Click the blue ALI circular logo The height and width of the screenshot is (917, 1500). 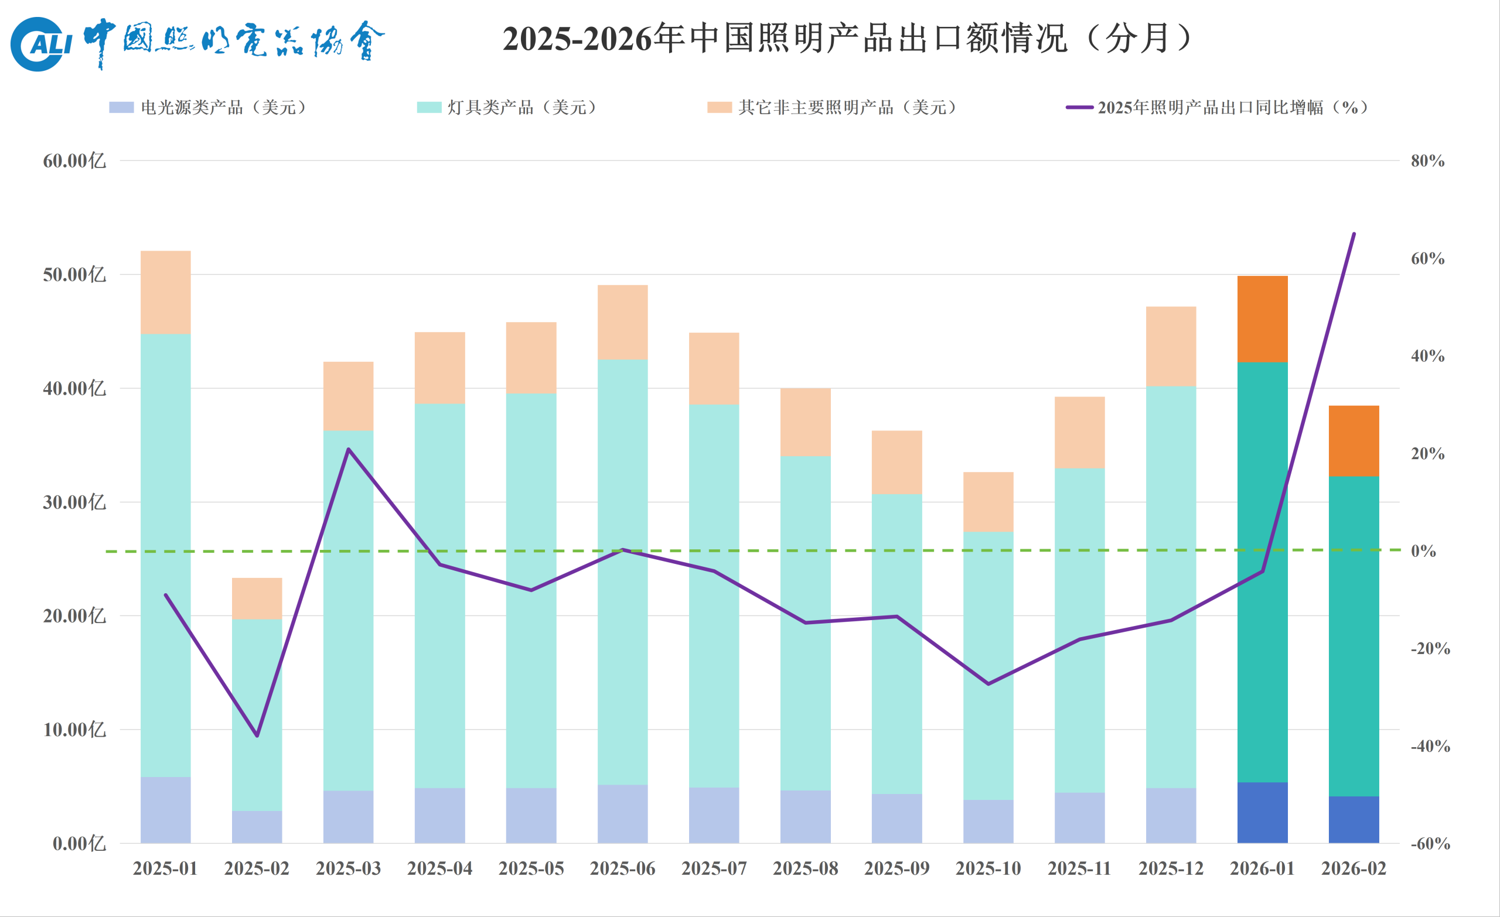pos(37,44)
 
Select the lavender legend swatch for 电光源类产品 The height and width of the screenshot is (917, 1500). pos(121,108)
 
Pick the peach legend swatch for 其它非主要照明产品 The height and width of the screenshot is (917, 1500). pos(719,108)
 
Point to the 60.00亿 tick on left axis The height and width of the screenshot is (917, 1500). pos(74,161)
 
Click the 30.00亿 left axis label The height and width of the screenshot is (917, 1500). pos(74,502)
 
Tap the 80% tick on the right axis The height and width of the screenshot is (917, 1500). pos(1427,161)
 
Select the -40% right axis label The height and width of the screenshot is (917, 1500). pos(1430,747)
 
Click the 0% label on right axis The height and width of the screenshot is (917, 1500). pos(1423,551)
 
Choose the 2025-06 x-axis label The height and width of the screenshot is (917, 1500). pos(622,868)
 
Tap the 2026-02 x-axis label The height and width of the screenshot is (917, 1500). pos(1354,868)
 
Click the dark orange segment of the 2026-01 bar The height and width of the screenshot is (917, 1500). pos(1262,320)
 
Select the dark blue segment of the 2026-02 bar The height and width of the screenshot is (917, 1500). pos(1354,820)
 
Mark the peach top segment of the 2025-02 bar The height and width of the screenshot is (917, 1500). pos(257,598)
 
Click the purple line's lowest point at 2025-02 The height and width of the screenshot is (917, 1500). pos(257,735)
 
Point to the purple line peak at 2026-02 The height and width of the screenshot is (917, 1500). pos(1354,234)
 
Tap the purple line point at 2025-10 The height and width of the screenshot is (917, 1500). pos(988,684)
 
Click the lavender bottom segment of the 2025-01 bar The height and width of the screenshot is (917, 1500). pos(166,810)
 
